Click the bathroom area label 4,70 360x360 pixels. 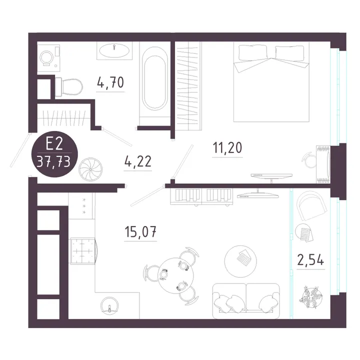(x=110, y=82)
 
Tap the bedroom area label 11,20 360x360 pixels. (x=227, y=148)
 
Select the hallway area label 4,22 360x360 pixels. (x=138, y=161)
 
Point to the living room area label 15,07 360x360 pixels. (x=140, y=231)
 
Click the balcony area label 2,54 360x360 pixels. (x=310, y=260)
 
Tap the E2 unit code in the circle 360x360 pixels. (x=54, y=144)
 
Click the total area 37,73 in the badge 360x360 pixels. (x=54, y=162)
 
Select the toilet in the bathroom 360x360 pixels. (x=68, y=87)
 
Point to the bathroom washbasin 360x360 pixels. (x=114, y=50)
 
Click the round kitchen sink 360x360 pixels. (x=109, y=305)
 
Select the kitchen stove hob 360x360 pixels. (x=83, y=250)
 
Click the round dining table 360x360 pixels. (x=175, y=275)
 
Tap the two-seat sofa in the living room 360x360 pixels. (x=246, y=301)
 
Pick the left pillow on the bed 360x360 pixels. (x=253, y=52)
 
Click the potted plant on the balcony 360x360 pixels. (x=311, y=297)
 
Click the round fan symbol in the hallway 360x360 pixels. (x=90, y=169)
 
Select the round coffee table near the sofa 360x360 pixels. (x=240, y=261)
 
